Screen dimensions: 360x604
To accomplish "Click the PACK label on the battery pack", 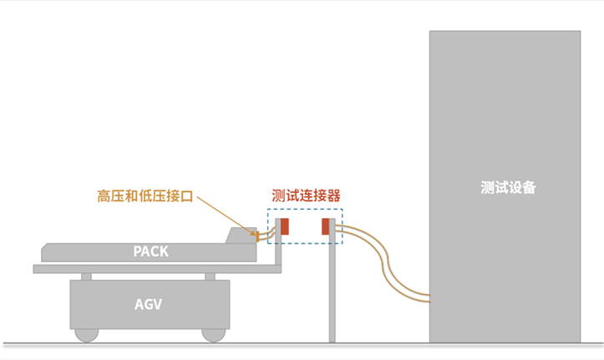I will click(x=150, y=251).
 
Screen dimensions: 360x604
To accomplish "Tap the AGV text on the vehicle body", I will click(x=148, y=304).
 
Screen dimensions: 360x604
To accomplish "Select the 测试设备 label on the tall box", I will click(x=508, y=187).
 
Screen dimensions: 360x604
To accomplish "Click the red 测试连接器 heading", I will click(x=306, y=195).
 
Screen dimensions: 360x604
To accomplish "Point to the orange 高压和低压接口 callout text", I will click(x=145, y=197).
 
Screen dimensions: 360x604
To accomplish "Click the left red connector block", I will click(x=285, y=226).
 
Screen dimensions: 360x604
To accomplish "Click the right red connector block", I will click(x=326, y=226).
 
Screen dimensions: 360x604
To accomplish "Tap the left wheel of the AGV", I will click(x=86, y=333).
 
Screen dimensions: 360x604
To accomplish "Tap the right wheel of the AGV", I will click(x=214, y=333).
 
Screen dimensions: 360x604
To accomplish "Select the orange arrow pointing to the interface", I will click(x=226, y=215).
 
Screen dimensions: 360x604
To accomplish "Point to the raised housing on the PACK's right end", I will click(x=243, y=236).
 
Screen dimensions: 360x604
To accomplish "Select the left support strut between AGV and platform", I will click(x=86, y=276).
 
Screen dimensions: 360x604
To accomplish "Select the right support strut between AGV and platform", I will click(x=210, y=276).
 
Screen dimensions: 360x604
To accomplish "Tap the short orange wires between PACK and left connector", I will click(x=267, y=236).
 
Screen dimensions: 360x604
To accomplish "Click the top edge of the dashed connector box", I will click(x=305, y=210).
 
